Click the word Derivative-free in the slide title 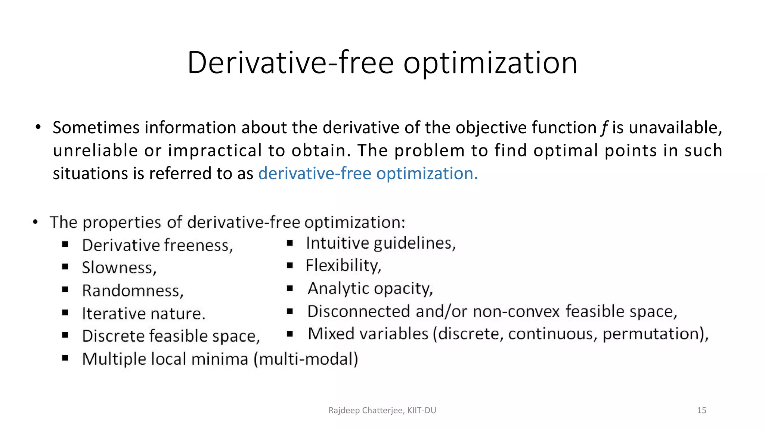[290, 63]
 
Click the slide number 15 [701, 411]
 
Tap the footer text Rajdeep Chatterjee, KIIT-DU [382, 411]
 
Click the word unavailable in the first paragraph [675, 128]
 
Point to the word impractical [215, 151]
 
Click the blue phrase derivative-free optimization [368, 174]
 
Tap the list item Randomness [133, 291]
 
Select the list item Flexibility [343, 266]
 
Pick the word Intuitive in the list [338, 243]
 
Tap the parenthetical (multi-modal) [306, 359]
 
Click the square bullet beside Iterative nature [65, 312]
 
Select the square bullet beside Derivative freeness [65, 244]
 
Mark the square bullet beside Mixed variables [290, 334]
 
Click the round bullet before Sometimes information [38, 128]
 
